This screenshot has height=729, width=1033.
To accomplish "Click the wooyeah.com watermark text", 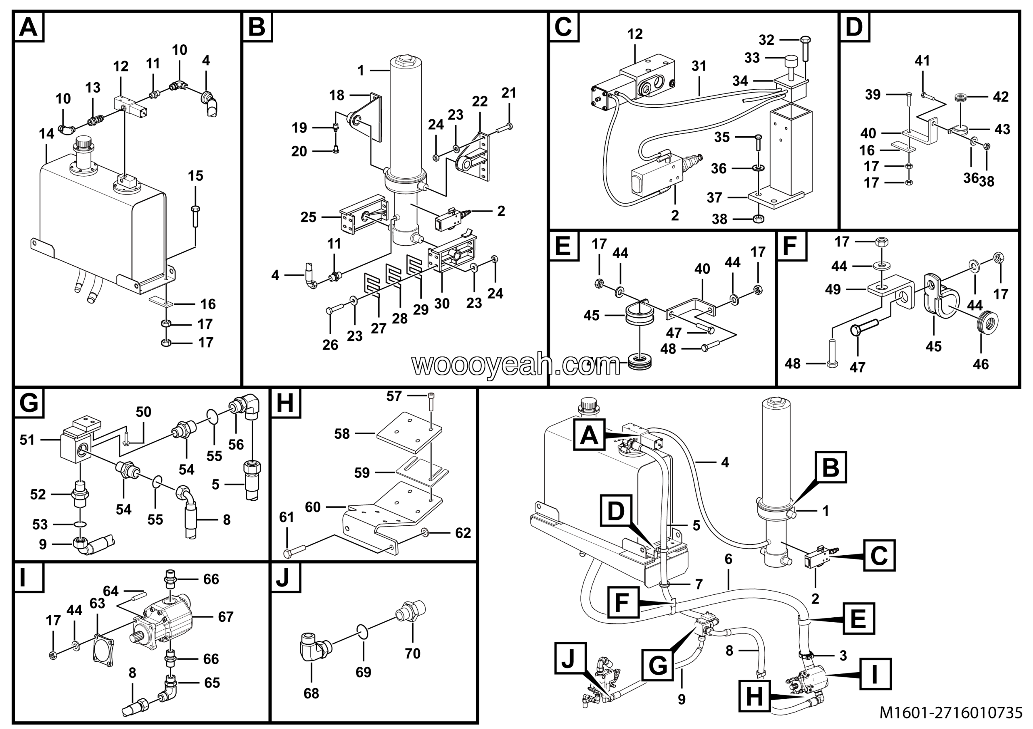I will coord(516,365).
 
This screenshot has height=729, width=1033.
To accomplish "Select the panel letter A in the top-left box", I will coord(29,27).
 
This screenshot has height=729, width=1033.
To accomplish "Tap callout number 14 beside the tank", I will coord(46,133).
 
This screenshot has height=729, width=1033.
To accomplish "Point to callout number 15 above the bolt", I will coord(195,176).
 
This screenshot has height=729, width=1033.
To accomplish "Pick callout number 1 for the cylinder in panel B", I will coord(361,71).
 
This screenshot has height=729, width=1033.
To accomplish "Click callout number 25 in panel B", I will coord(309,218).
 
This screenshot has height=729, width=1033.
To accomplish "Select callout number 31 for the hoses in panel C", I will coord(699,67).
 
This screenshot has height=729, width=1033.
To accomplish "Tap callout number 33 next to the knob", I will coord(752,58).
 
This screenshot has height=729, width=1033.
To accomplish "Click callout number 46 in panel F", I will coord(981,364).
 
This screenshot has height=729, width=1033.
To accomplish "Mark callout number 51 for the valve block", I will coord(27,439).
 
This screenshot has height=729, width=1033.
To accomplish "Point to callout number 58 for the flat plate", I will coord(342,434).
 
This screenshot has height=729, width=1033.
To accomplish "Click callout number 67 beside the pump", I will coord(226,617).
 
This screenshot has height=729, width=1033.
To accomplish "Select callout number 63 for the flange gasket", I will coord(97,603).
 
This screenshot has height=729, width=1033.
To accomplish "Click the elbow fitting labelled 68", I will coord(314,650).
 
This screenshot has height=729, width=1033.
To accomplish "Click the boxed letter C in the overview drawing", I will coord(879,556).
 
